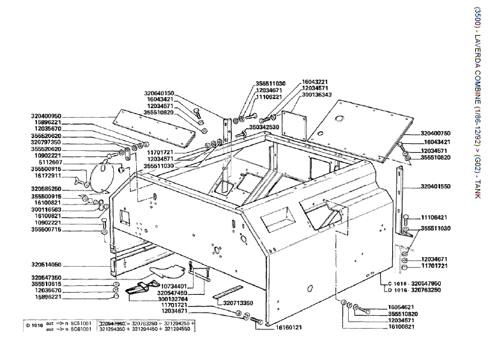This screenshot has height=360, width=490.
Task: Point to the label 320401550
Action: [436, 186]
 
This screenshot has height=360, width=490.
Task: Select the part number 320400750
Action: [436, 134]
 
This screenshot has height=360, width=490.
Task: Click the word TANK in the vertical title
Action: [477, 188]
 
